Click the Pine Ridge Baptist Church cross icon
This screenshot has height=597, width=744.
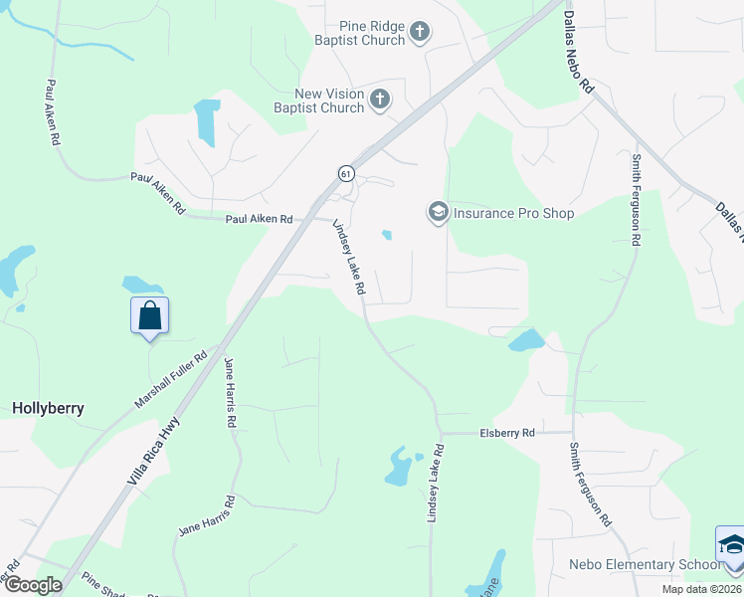[x=419, y=32]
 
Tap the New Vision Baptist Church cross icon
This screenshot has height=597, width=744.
[x=379, y=99]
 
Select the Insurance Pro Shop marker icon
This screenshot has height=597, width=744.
[x=438, y=212]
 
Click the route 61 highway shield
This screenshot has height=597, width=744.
[x=345, y=173]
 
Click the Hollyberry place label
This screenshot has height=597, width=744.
[x=48, y=408]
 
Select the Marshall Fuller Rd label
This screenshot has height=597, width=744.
[x=171, y=381]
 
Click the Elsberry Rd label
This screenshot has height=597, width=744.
[x=507, y=433]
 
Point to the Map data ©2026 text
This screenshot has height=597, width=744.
[x=701, y=589]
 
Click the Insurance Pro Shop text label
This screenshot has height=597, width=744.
[x=513, y=213]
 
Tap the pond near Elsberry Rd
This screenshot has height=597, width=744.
[x=400, y=466]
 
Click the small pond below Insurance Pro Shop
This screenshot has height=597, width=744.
[x=386, y=235]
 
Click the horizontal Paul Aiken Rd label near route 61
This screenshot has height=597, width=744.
[x=259, y=219]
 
